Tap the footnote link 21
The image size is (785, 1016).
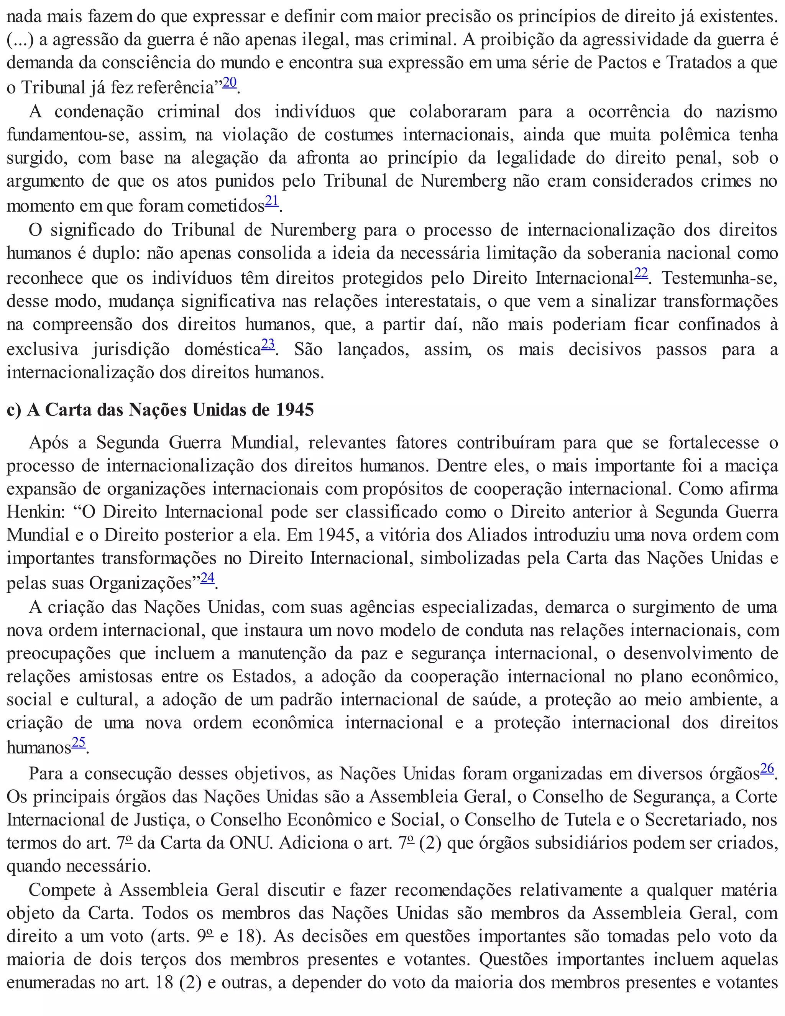[272, 201]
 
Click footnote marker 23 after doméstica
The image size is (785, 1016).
[268, 344]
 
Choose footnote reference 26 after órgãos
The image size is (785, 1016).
[767, 768]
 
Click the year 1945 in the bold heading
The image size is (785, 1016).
[295, 410]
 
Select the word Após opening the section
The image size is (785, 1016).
[48, 442]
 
